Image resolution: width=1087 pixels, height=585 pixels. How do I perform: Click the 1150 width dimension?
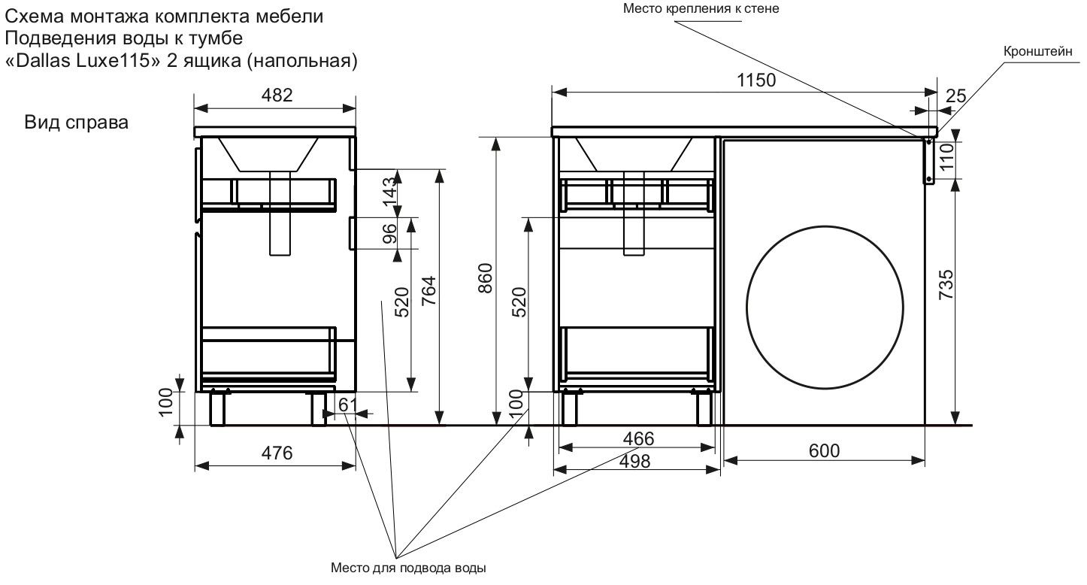click(x=756, y=80)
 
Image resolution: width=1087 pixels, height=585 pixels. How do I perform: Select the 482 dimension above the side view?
click(x=275, y=95)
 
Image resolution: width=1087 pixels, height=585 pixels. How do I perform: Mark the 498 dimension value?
click(x=636, y=461)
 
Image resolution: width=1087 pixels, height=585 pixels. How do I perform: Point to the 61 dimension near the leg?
click(x=347, y=405)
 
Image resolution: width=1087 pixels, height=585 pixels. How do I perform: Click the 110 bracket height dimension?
click(x=946, y=158)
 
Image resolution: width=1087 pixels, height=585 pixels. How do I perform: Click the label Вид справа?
click(x=76, y=123)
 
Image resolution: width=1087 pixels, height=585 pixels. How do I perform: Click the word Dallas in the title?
click(x=44, y=62)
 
